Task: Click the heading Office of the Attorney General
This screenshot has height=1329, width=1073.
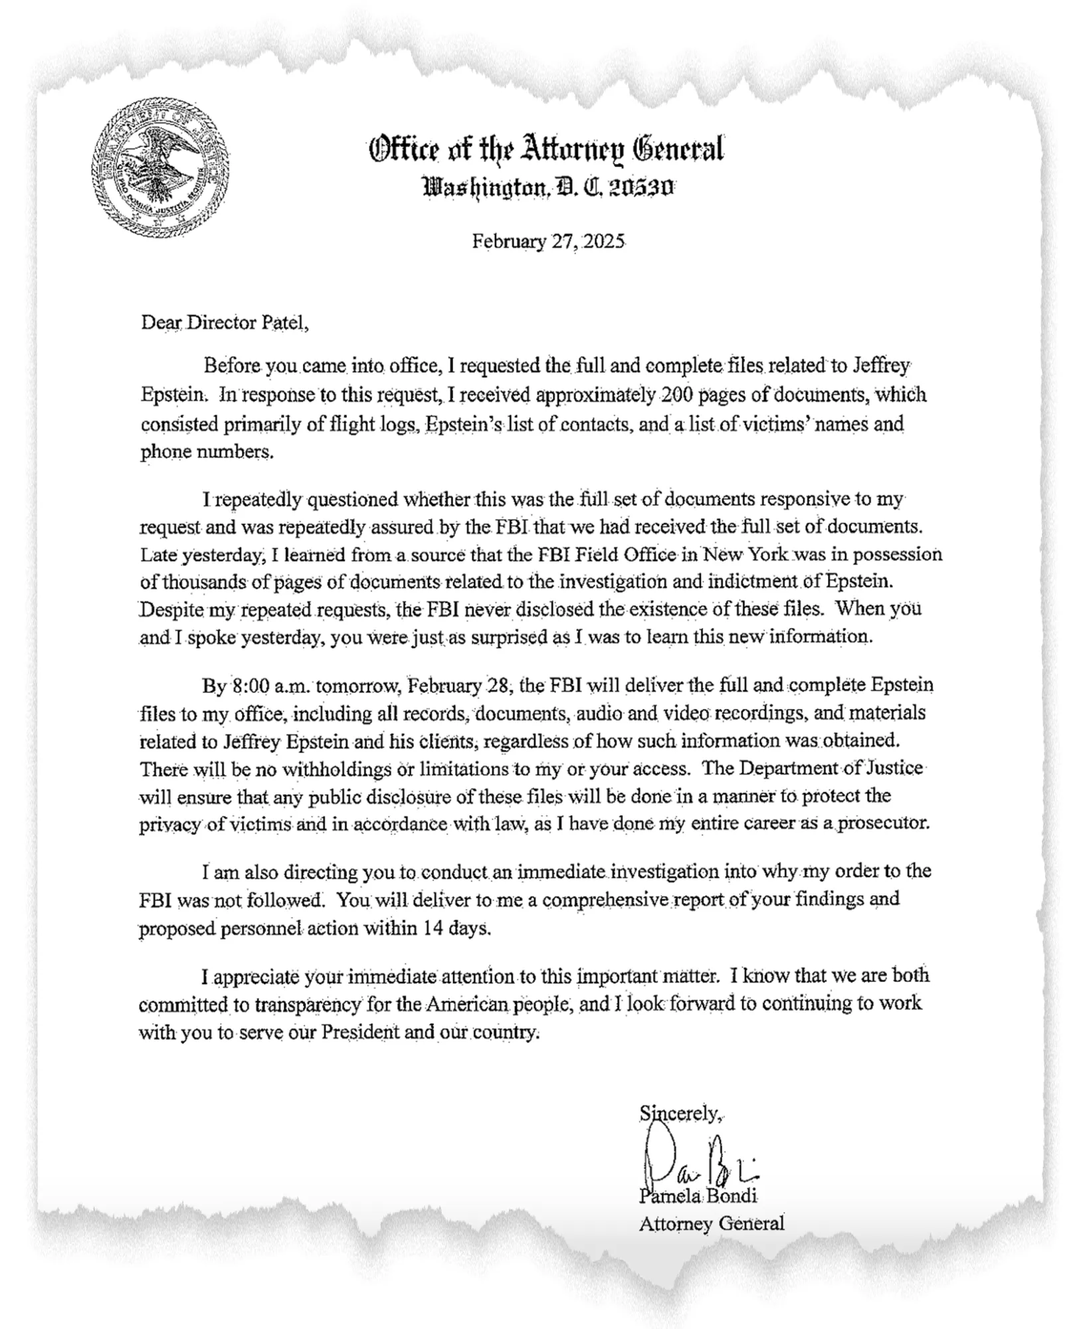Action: point(546,150)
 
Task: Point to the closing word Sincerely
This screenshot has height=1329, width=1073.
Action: point(680,1113)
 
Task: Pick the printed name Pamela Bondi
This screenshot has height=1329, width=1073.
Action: point(698,1197)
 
